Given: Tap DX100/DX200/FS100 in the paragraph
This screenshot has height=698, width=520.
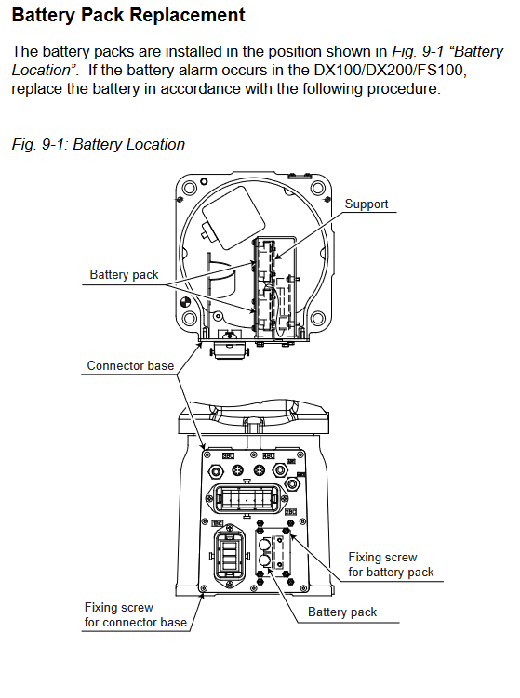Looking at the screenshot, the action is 390,71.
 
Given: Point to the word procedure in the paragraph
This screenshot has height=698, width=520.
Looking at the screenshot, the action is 404,89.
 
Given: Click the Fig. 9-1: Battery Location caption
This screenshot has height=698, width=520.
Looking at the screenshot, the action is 98,145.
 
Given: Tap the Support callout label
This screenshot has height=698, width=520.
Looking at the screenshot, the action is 367,204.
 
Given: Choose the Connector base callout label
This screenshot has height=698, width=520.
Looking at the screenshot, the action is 130,366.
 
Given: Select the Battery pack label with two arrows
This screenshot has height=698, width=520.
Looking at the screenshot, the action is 124,275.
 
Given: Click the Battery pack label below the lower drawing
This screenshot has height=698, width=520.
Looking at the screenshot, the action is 342,612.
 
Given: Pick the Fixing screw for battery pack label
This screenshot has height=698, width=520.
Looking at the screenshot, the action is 391,564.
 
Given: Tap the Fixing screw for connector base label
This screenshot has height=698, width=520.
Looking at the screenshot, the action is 136,614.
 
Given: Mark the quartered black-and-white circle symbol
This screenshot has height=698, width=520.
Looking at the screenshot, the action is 185,303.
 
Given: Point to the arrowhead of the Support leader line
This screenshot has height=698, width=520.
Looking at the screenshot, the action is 276,257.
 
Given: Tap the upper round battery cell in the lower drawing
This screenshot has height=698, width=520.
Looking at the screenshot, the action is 264,545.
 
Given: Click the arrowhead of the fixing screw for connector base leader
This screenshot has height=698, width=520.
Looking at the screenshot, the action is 203,596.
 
